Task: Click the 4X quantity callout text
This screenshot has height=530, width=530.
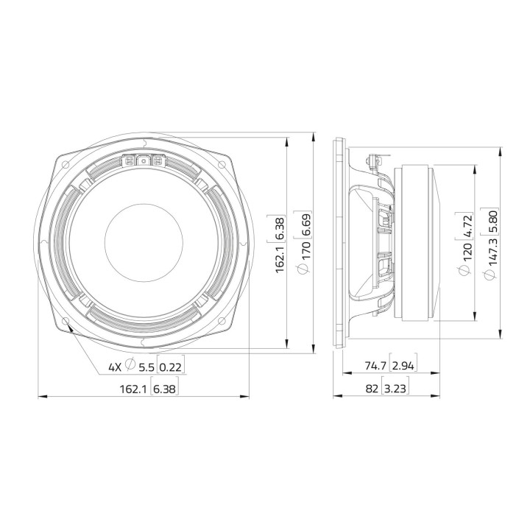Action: [x=114, y=367]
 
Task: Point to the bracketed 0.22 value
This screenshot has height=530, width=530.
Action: [x=170, y=367]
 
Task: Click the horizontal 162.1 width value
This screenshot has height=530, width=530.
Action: [x=132, y=389]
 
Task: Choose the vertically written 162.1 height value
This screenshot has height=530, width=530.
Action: [x=280, y=260]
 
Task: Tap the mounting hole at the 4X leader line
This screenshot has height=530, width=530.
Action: [x=68, y=321]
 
